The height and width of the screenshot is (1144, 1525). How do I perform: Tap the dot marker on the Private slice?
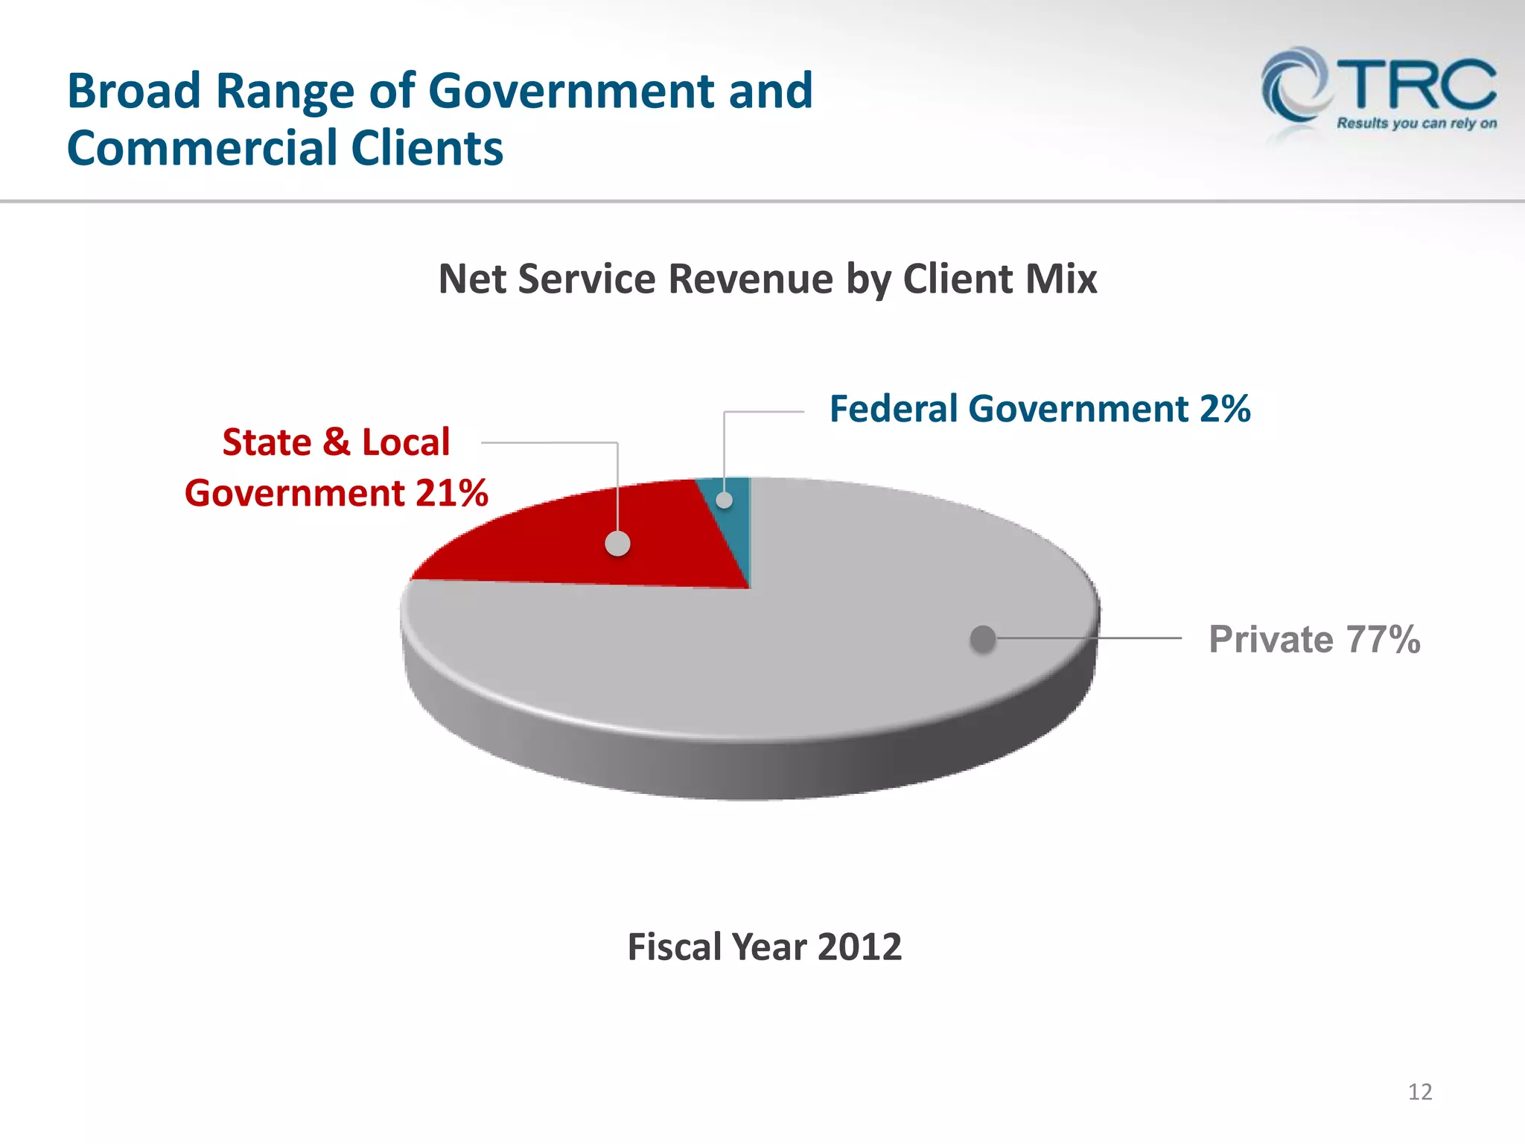pyautogui.click(x=983, y=638)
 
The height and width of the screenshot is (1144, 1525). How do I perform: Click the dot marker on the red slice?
pyautogui.click(x=617, y=544)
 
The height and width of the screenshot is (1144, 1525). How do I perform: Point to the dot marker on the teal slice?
pyautogui.click(x=724, y=500)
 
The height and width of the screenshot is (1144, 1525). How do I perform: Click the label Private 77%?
pyautogui.click(x=1314, y=639)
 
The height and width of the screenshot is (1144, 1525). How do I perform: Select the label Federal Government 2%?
pyautogui.click(x=1040, y=409)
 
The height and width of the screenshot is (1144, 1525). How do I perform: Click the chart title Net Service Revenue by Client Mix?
pyautogui.click(x=767, y=279)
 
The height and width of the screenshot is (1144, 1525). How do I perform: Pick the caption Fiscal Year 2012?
pyautogui.click(x=764, y=947)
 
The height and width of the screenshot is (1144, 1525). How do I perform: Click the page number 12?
pyautogui.click(x=1420, y=1092)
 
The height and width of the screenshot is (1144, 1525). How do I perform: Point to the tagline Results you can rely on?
pyautogui.click(x=1416, y=124)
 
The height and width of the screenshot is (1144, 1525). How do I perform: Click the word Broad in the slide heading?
pyautogui.click(x=134, y=91)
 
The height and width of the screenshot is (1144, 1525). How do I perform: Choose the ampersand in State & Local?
pyautogui.click(x=336, y=442)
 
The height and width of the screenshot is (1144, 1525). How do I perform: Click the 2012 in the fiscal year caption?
pyautogui.click(x=859, y=947)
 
